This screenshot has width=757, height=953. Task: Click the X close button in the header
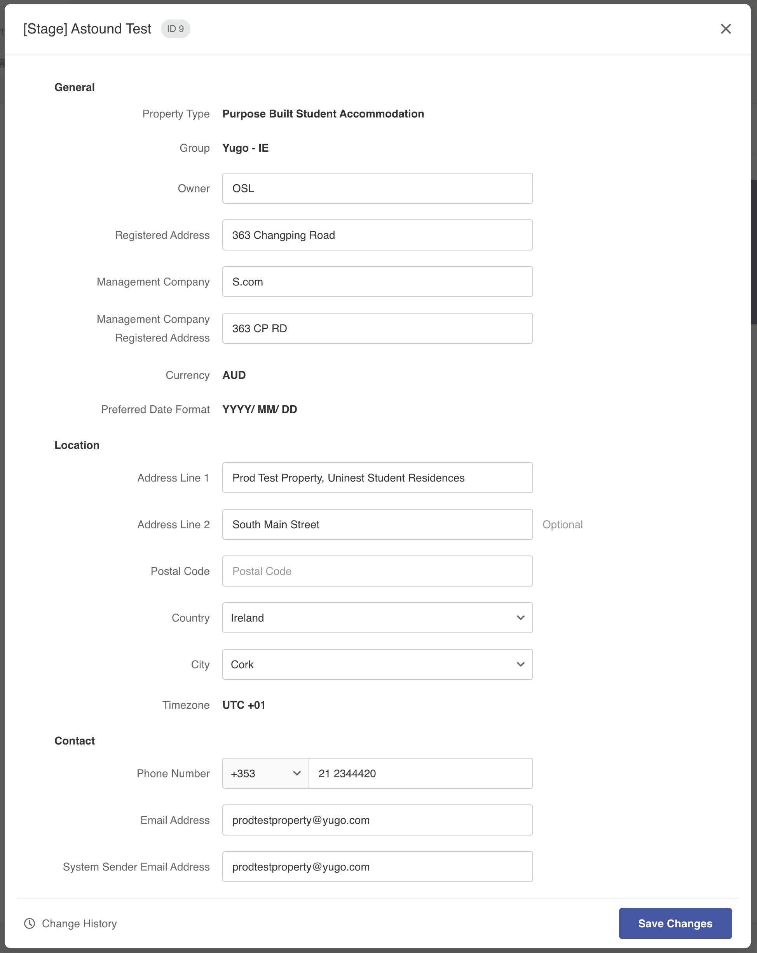pos(725,29)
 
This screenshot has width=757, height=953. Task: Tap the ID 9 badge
pos(175,29)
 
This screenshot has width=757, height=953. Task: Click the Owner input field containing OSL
pos(377,188)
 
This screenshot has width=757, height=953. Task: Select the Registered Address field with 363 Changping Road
pos(377,235)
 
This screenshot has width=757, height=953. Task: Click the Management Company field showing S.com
pos(377,282)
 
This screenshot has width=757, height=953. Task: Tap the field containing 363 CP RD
pos(377,328)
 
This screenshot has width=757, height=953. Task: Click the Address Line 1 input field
pos(377,478)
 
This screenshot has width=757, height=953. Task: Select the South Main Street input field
pos(377,524)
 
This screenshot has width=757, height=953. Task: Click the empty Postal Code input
pos(377,571)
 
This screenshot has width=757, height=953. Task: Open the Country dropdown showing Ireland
pos(377,618)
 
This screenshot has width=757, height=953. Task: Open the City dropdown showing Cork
pos(377,664)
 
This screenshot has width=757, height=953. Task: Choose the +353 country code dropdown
pos(265,774)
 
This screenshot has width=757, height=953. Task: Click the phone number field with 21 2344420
pos(420,774)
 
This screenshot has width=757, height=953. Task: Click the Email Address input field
pos(377,820)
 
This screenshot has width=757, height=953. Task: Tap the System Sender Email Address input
pos(377,867)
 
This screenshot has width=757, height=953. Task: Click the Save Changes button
pos(675,923)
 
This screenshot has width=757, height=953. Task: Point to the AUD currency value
pos(234,375)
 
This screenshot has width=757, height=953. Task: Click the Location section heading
pos(77,445)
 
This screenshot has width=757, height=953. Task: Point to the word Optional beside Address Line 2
pos(562,525)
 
